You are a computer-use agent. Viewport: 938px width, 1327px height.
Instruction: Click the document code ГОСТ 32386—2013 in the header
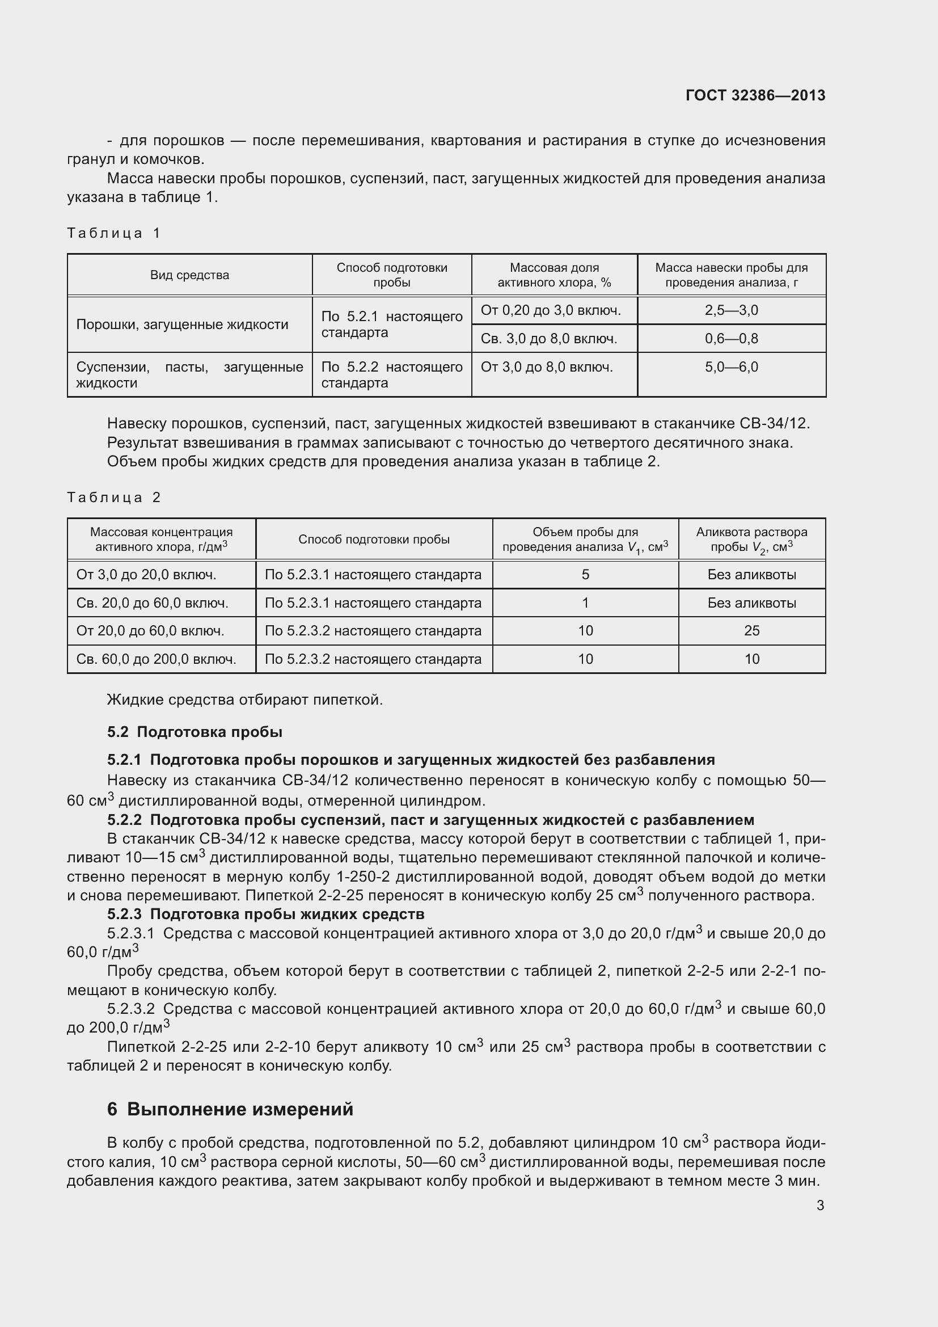pos(755,95)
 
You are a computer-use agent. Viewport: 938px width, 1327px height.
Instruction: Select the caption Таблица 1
pos(114,233)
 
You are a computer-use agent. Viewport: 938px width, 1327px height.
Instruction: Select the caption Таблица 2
pos(114,497)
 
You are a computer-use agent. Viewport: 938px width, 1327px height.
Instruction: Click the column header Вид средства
pos(189,275)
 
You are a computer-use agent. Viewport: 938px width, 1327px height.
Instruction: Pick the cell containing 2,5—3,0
pos(731,310)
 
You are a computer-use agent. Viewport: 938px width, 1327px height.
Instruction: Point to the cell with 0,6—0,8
pos(731,339)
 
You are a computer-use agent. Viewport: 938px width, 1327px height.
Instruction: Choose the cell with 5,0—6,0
pos(731,367)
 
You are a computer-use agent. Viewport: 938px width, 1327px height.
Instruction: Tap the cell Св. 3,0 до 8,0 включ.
pos(549,339)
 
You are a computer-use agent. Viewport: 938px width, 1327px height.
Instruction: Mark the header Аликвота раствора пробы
pos(751,539)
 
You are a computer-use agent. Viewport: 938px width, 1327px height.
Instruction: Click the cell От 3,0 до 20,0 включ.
pos(146,575)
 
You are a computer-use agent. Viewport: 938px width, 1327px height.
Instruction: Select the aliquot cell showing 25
pos(751,630)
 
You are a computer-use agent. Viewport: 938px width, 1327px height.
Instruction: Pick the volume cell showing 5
pos(585,575)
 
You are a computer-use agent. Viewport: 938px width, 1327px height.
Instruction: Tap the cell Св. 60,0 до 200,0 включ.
pos(156,659)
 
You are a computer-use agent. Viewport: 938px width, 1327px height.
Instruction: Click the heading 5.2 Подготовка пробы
pos(195,732)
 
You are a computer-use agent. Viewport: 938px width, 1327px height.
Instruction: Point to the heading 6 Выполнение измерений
pos(230,1109)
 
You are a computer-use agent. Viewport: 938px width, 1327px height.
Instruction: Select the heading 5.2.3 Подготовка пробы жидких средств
pos(265,914)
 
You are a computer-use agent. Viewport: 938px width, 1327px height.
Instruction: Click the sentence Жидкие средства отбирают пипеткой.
pos(245,700)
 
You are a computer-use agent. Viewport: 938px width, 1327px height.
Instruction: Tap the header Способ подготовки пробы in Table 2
pos(374,539)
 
